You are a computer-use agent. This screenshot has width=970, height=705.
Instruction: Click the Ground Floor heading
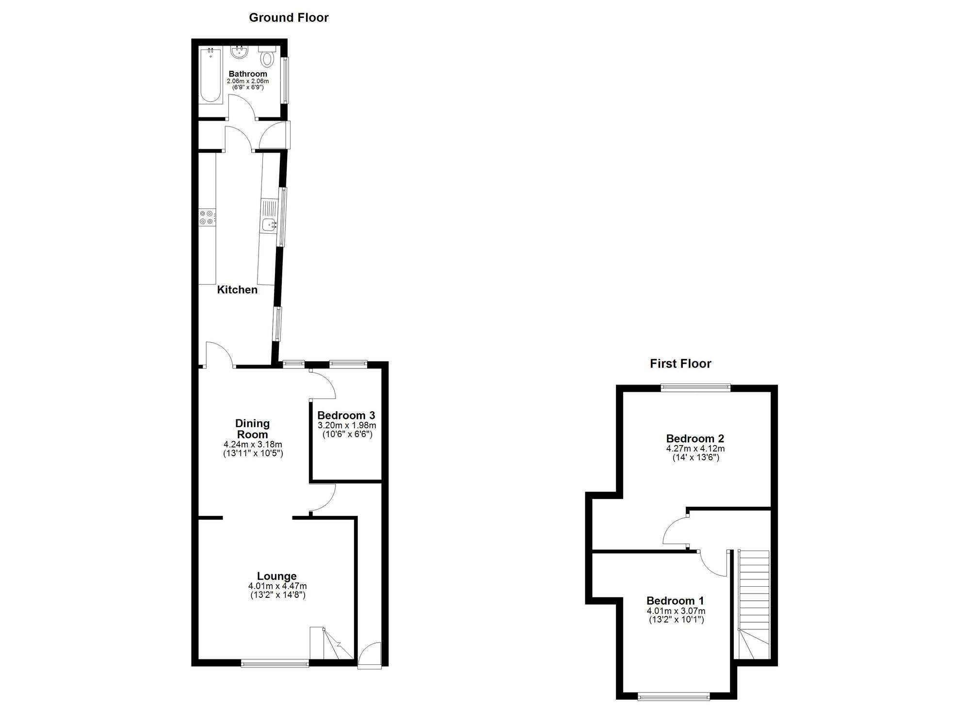(x=289, y=18)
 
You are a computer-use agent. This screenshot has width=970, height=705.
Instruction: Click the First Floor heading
(x=680, y=364)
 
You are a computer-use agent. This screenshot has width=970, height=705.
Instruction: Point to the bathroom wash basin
(x=240, y=52)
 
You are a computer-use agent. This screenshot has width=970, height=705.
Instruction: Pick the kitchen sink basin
(x=269, y=224)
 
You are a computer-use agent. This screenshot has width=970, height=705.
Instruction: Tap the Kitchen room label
(x=237, y=290)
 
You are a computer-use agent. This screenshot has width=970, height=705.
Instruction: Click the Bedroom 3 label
(x=346, y=416)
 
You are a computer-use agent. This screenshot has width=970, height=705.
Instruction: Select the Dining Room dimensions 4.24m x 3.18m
(x=253, y=445)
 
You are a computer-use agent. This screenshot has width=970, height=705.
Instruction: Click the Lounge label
(x=277, y=576)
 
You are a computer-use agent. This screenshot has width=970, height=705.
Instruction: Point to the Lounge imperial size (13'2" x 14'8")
(x=277, y=595)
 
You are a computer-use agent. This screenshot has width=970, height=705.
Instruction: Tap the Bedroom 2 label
(x=695, y=439)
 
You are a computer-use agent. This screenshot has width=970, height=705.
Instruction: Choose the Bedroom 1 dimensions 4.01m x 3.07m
(x=676, y=611)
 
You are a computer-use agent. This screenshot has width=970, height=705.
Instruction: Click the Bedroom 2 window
(x=695, y=387)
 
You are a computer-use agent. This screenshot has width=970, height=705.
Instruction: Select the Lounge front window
(x=275, y=663)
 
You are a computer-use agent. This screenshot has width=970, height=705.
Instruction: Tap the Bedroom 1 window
(x=674, y=697)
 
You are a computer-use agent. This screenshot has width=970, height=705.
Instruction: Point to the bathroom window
(x=285, y=80)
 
